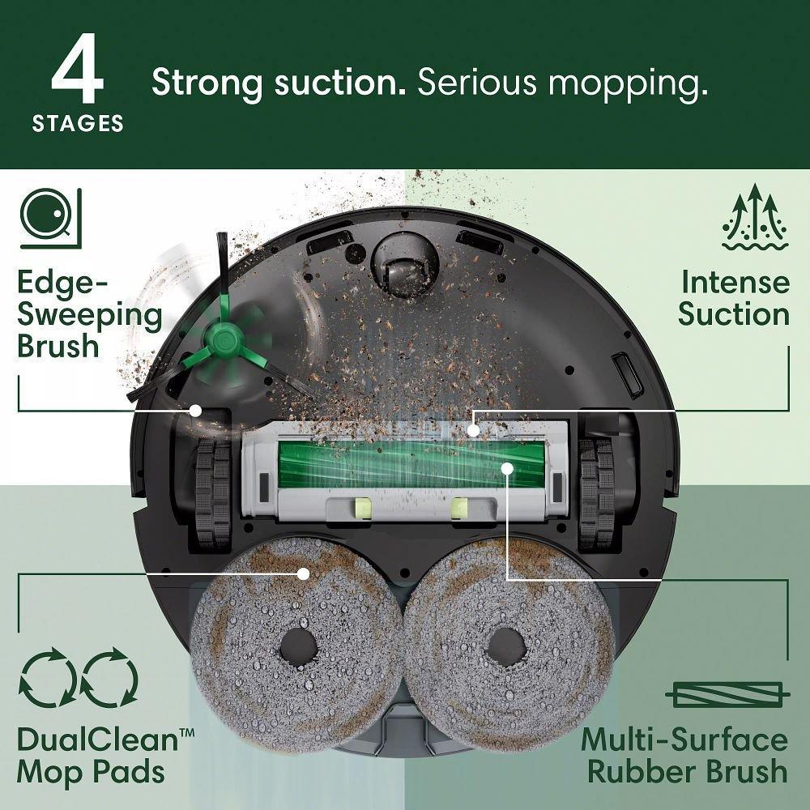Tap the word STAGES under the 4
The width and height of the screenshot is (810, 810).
pyautogui.click(x=78, y=123)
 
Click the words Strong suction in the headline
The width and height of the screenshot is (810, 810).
pyautogui.click(x=279, y=83)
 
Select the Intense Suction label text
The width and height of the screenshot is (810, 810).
pyautogui.click(x=734, y=298)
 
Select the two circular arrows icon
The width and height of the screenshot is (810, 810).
pyautogui.click(x=78, y=679)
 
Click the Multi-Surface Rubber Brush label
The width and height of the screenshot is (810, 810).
pyautogui.click(x=684, y=756)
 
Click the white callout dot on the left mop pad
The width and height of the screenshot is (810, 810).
pyautogui.click(x=304, y=573)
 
